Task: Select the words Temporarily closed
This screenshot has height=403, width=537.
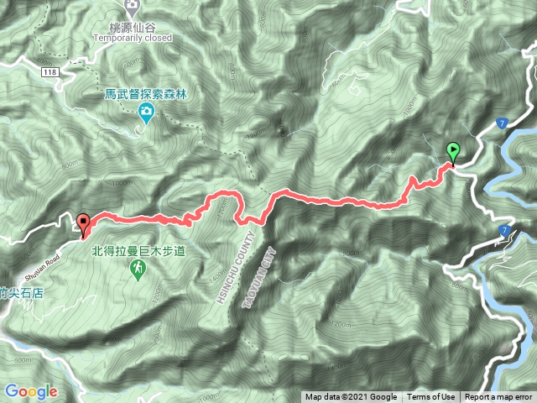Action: point(133,38)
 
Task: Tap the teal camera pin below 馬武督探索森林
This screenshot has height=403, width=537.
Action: point(146,113)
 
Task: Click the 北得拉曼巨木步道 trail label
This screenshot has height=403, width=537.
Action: point(135,250)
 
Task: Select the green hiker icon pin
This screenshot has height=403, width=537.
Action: point(135,268)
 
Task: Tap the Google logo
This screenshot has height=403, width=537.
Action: point(30,390)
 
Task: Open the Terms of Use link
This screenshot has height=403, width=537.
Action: point(431,397)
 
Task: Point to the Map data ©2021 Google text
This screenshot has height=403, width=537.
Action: point(351,397)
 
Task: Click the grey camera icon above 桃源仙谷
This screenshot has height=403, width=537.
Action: point(132,8)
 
